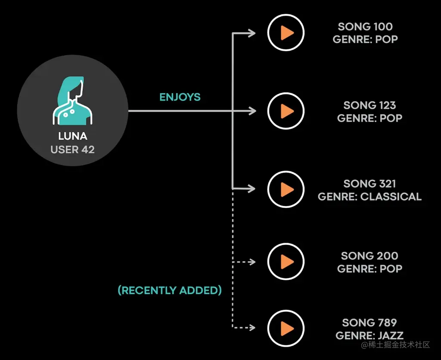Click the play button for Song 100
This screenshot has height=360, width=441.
286,33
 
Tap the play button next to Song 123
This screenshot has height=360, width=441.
286,111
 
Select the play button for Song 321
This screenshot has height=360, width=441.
286,189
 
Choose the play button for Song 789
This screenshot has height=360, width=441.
286,328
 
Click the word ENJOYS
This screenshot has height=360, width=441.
180,97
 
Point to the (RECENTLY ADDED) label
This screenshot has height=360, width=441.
170,290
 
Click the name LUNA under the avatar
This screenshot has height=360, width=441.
73,136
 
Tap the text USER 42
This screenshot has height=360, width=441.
73,150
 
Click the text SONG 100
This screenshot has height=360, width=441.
365,27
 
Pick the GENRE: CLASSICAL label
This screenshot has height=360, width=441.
370,197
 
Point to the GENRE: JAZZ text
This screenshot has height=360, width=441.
370,335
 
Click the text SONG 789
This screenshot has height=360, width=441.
370,322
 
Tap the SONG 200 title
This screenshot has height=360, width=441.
370,256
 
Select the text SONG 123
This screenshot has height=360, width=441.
370,105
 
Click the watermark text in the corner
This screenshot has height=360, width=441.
395,344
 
